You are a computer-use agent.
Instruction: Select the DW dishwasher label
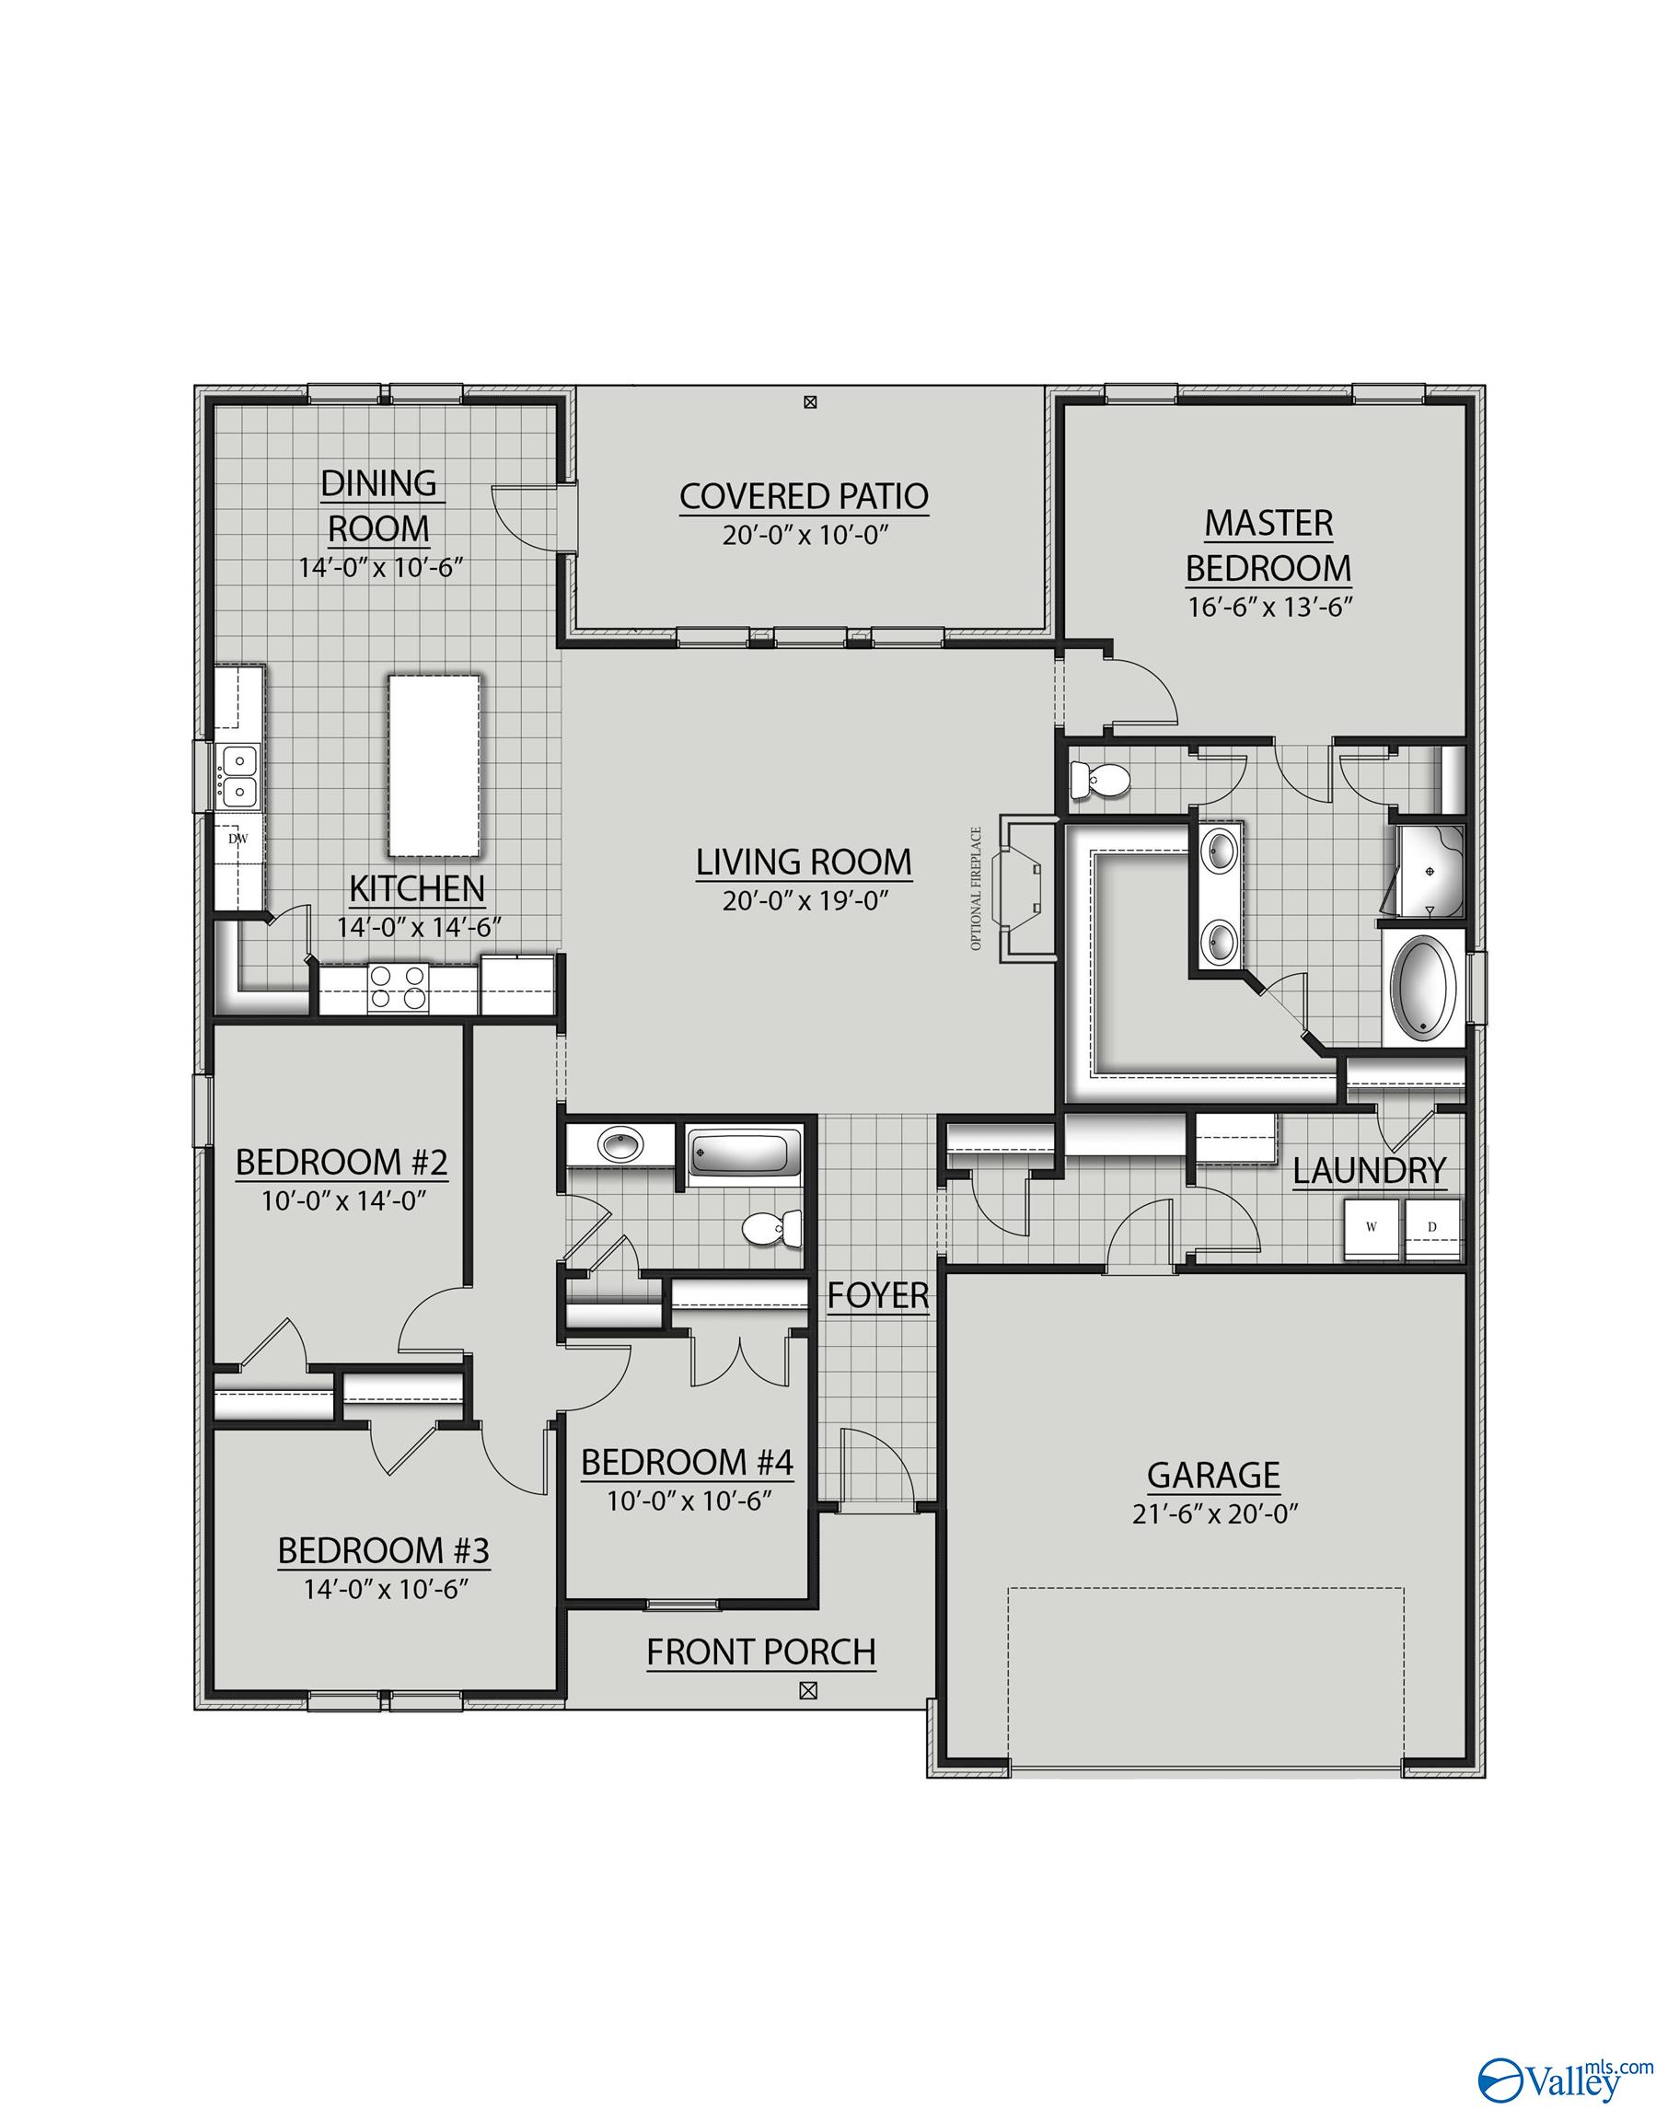click(235, 838)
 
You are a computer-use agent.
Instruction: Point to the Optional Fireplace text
click(975, 887)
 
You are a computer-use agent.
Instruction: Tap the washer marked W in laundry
click(1372, 1227)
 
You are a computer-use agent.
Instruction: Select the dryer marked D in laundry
click(1431, 1227)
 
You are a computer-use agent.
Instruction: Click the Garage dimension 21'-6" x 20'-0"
click(1215, 1514)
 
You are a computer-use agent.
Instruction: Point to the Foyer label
click(878, 1294)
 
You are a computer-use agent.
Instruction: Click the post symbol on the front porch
click(806, 1691)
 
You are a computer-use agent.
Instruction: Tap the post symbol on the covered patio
click(811, 401)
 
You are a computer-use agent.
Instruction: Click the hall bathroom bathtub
click(743, 1154)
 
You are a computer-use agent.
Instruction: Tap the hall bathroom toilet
click(772, 1229)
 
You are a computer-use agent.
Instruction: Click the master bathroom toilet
click(1097, 779)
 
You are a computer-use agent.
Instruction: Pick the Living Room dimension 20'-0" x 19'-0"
click(805, 900)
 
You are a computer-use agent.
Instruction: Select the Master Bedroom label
click(1268, 545)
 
